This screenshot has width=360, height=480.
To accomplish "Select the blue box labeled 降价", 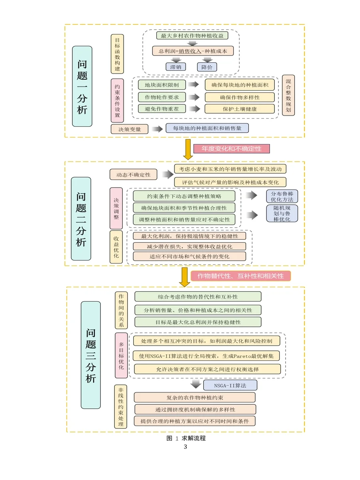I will [206, 67].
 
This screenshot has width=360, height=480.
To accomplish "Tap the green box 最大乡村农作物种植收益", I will [192, 36].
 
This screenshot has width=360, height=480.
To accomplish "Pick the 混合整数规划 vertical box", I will [288, 95].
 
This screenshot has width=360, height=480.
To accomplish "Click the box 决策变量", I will [129, 129].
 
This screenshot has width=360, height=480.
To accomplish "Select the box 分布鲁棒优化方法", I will [282, 196].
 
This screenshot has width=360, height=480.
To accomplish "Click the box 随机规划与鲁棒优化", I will [282, 213].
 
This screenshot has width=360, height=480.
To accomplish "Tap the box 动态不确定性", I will [134, 175].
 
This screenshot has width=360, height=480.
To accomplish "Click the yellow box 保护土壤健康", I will [240, 109].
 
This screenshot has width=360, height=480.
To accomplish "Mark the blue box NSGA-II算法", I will [230, 385].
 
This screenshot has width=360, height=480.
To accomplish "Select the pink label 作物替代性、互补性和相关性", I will [240, 276].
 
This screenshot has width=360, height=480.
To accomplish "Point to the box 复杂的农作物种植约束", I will [194, 397].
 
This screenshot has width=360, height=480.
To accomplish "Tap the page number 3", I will [185, 447].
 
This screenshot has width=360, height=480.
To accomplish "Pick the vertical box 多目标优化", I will [121, 355].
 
